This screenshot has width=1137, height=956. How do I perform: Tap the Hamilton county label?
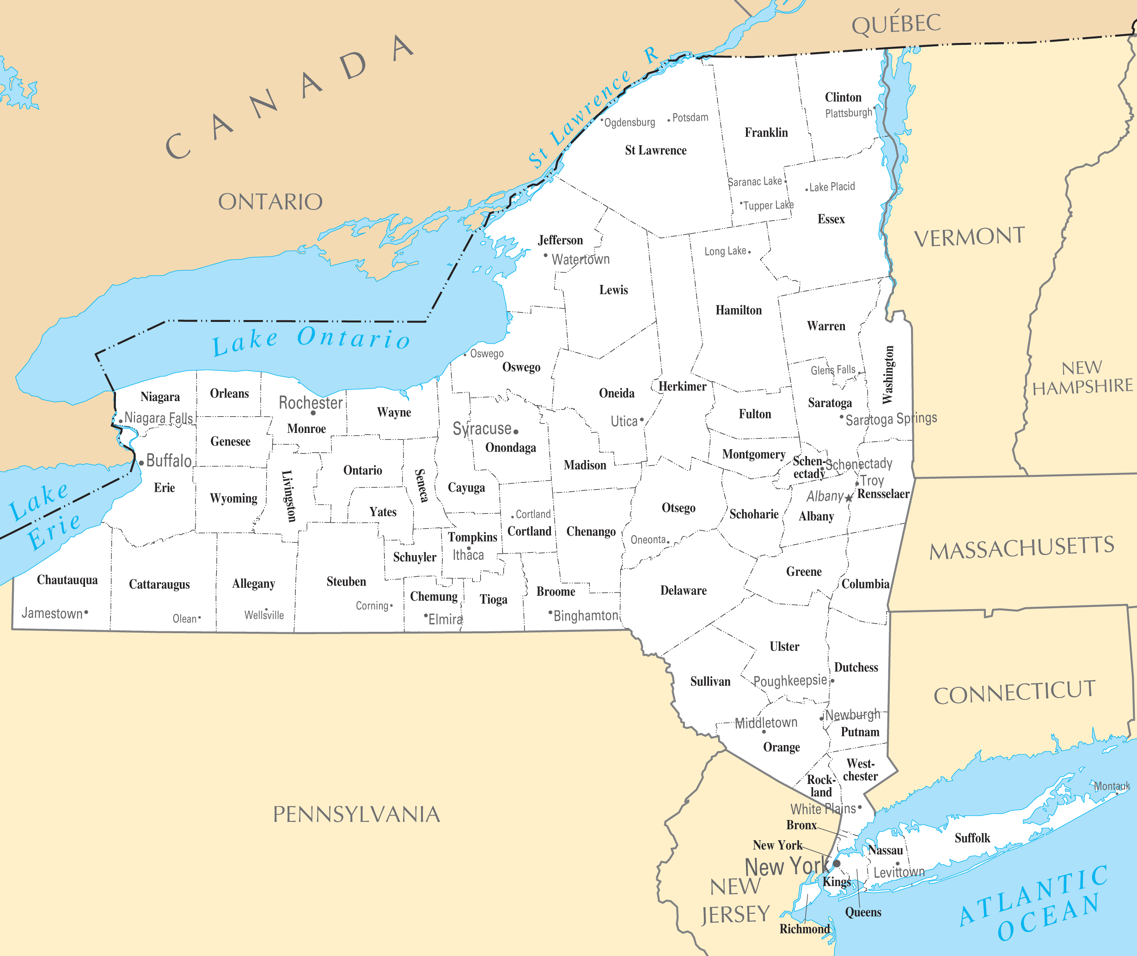coord(738,310)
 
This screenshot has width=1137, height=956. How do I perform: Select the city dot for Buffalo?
coord(141,463)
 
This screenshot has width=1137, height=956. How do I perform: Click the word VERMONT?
coord(969,237)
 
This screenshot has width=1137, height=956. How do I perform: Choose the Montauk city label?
coord(1112,786)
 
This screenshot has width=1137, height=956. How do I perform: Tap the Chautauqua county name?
coord(67,580)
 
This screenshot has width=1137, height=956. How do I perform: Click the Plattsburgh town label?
coord(848,113)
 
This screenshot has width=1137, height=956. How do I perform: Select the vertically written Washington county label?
coord(887,375)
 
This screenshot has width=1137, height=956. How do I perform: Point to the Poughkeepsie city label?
coord(790,681)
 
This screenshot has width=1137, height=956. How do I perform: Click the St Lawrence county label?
coord(655,150)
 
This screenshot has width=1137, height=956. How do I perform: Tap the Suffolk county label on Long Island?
coord(972,838)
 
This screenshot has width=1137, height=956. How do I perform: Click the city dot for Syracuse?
coord(516,432)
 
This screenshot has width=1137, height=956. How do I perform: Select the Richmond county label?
coord(804,929)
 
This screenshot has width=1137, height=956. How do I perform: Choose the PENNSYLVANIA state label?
coord(356,814)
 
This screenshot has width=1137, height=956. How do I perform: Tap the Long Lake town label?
coord(725,251)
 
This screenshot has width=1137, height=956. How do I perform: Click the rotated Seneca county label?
coord(421,486)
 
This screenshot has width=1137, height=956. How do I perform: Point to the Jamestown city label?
coord(52,613)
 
